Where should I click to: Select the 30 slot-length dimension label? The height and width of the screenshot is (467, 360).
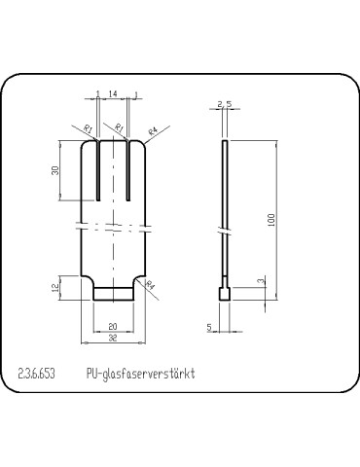pyautogui.click(x=56, y=170)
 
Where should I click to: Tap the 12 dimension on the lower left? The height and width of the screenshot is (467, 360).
pyautogui.click(x=56, y=286)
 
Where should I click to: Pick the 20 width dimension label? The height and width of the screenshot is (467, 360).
pyautogui.click(x=113, y=325)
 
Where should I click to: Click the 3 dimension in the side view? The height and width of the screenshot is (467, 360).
pyautogui.click(x=259, y=281)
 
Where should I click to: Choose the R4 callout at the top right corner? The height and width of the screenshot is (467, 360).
pyautogui.click(x=154, y=129)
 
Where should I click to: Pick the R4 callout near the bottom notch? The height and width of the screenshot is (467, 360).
pyautogui.click(x=151, y=284)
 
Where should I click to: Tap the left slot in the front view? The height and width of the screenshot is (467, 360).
pyautogui.click(x=99, y=170)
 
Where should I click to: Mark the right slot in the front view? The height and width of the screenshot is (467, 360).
pyautogui.click(x=126, y=170)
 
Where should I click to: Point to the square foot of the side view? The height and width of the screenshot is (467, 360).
pyautogui.click(x=225, y=293)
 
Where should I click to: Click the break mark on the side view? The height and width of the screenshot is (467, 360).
pyautogui.click(x=225, y=233)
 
